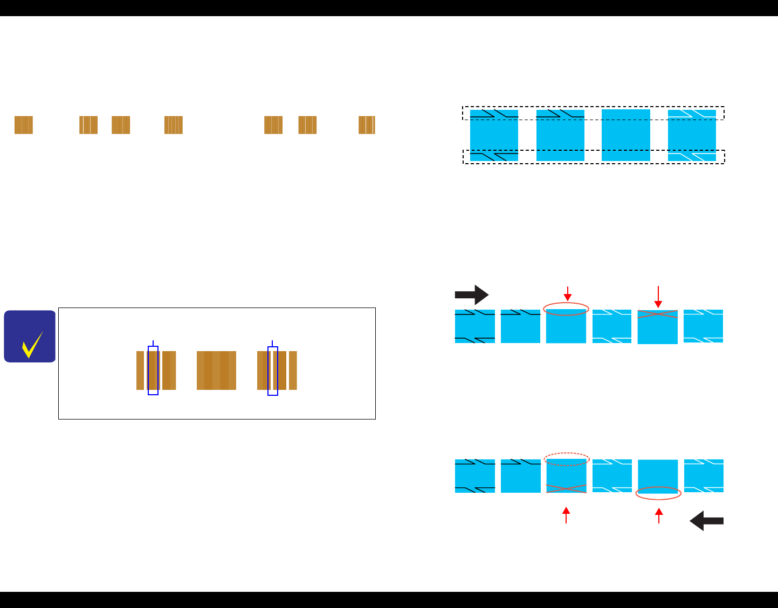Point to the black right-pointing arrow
point(472,295)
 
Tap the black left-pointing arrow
point(706,521)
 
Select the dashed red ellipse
point(566,459)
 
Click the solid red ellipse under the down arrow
point(566,309)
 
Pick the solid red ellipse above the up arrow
point(659,493)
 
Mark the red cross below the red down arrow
point(658,314)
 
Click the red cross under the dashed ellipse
point(566,488)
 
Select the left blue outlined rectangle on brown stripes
point(153,371)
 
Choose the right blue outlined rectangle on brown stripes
point(273,371)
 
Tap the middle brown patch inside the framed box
point(216,371)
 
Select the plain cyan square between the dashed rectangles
point(625,135)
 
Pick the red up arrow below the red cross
point(566,515)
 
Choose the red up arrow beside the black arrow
point(659,516)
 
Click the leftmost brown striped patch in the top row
point(24,125)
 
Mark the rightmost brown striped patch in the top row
point(367,125)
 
